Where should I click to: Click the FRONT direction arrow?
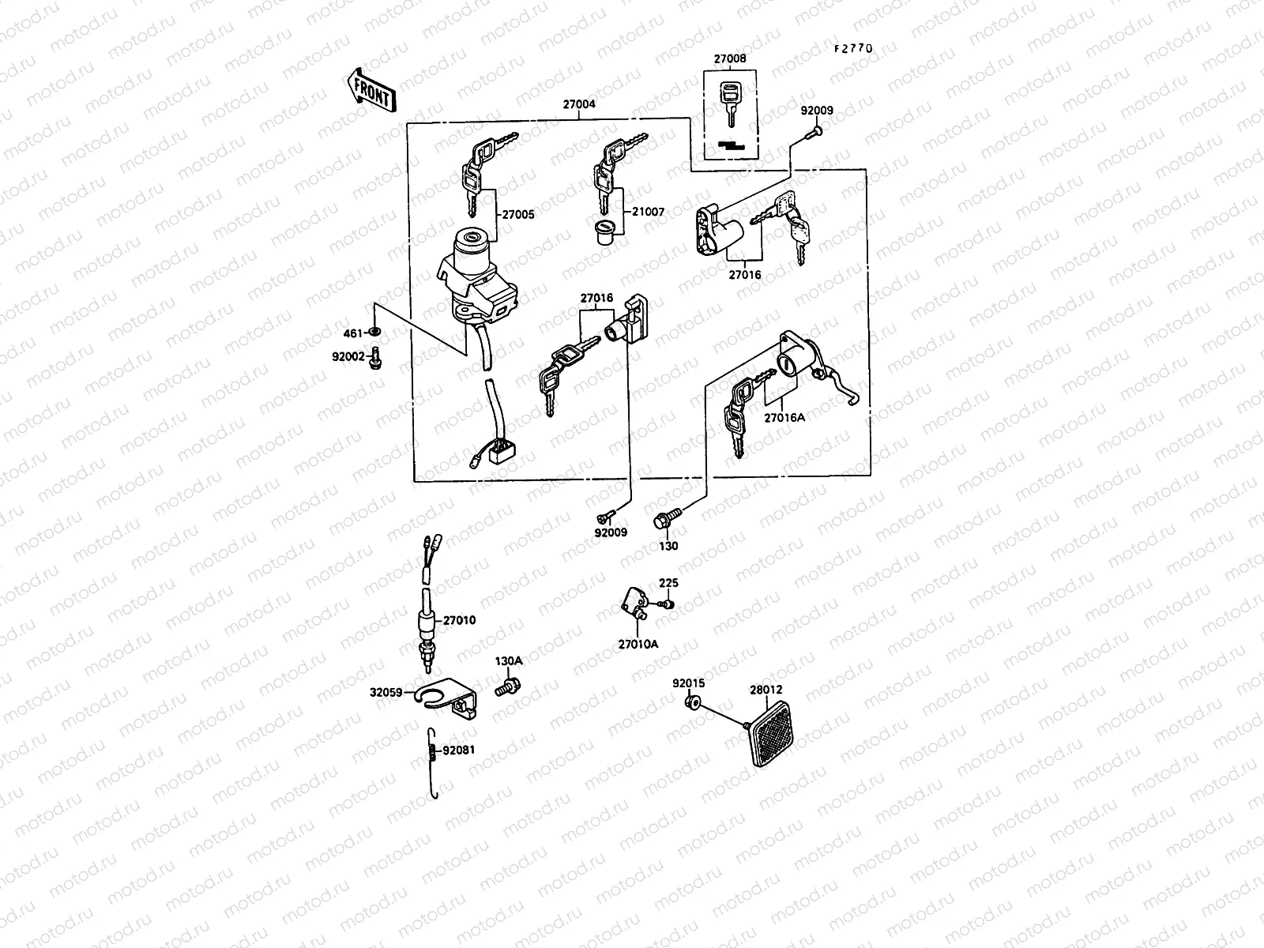click(370, 90)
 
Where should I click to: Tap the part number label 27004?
click(579, 103)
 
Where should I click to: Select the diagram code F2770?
click(853, 48)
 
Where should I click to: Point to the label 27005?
click(517, 214)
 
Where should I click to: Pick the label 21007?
click(648, 212)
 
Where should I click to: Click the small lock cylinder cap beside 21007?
click(604, 234)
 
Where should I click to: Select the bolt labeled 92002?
click(377, 357)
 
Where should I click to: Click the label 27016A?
click(784, 417)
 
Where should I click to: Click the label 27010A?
click(638, 644)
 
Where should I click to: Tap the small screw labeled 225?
click(666, 604)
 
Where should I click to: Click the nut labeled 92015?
click(694, 702)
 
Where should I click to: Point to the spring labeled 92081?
click(431, 750)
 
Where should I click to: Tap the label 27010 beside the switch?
click(459, 620)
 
